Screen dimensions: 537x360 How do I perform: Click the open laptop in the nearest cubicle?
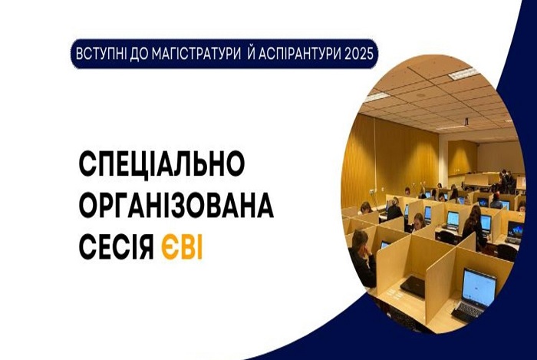click(x=476, y=296)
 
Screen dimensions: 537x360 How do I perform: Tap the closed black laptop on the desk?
click(x=413, y=286)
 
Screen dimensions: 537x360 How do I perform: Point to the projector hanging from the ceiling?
click(x=466, y=121)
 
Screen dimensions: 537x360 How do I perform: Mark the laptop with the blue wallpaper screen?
click(x=515, y=232)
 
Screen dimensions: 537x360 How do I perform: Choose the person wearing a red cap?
click(x=496, y=201)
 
